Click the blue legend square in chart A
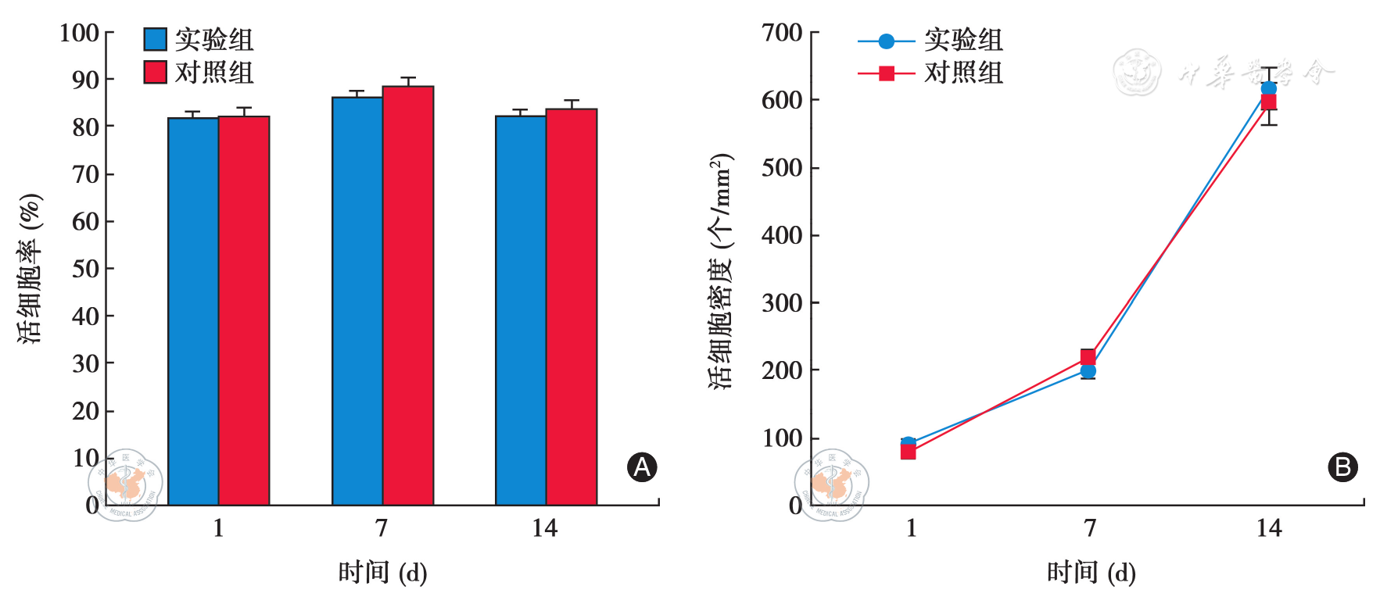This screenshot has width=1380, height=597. [x=155, y=39]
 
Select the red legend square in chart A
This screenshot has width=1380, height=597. [x=155, y=72]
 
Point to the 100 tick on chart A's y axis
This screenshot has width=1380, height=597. [x=79, y=33]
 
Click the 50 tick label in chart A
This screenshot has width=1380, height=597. [x=85, y=269]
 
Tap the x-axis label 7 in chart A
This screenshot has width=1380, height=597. [x=382, y=529]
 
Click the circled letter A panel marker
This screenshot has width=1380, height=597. [x=642, y=467]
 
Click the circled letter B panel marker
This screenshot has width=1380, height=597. [x=1342, y=467]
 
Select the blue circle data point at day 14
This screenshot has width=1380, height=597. [x=1268, y=88]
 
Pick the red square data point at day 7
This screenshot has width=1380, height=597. [x=1088, y=357]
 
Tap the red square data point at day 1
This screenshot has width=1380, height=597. [x=908, y=452]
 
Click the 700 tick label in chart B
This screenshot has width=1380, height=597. [x=781, y=33]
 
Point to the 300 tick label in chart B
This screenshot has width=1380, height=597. [x=781, y=303]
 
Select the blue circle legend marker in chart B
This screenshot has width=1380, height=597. [x=886, y=41]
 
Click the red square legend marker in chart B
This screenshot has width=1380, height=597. [x=886, y=73]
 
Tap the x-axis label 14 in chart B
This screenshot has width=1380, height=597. [x=1269, y=529]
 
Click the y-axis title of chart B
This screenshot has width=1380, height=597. [x=721, y=270]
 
